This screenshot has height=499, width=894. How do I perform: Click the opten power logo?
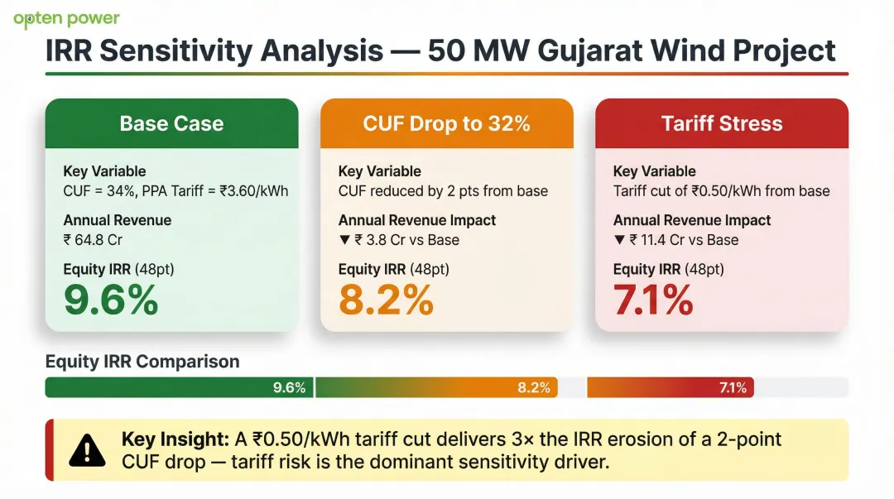[x=66, y=19]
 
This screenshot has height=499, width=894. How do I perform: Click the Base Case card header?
[x=171, y=124]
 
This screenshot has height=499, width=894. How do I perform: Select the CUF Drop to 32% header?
[x=446, y=124]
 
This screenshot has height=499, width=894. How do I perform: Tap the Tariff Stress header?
[x=722, y=124]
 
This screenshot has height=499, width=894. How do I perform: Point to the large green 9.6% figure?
[x=111, y=300]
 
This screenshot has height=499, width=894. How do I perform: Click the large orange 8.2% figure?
[x=386, y=300]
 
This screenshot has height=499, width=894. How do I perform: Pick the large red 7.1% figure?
[x=653, y=300]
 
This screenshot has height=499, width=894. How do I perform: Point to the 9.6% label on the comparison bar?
[x=290, y=388]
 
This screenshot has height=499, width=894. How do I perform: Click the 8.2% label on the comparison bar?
[x=534, y=388]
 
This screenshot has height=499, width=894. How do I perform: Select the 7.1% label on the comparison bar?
[x=733, y=388]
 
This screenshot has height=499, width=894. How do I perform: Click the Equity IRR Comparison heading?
[x=142, y=362]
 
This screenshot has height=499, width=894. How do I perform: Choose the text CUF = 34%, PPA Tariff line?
[x=175, y=191]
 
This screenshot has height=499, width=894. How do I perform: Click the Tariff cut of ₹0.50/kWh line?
[x=721, y=191]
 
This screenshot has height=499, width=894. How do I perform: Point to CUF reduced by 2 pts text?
[x=443, y=191]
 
